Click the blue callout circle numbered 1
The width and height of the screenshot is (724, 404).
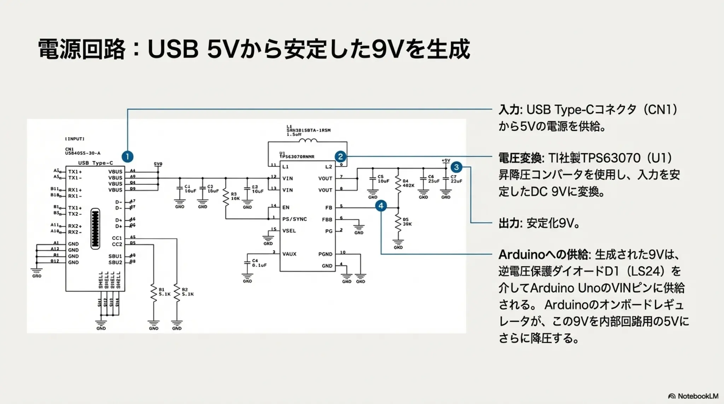tap(127, 156)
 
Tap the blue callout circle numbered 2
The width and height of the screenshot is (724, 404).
tap(340, 156)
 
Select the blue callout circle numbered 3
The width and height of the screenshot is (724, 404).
tap(456, 167)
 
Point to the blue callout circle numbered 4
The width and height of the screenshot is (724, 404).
tap(381, 205)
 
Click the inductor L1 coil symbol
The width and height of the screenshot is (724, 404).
tap(308, 140)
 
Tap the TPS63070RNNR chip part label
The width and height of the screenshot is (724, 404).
tap(297, 157)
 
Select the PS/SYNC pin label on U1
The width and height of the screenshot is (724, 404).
tap(294, 219)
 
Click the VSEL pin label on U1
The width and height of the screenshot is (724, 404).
tap(289, 231)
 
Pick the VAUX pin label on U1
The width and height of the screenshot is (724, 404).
tap(289, 254)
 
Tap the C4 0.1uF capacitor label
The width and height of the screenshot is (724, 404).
tap(259, 263)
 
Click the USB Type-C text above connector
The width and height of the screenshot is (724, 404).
tap(95, 163)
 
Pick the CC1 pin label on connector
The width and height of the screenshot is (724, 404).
tap(117, 238)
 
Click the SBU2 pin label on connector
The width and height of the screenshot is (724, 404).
tap(115, 262)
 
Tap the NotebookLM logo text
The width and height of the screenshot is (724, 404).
tap(697, 396)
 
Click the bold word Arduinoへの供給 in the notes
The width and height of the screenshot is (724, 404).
tap(543, 254)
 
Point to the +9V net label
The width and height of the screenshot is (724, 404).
tap(446, 160)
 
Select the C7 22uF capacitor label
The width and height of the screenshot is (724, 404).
tap(456, 179)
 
